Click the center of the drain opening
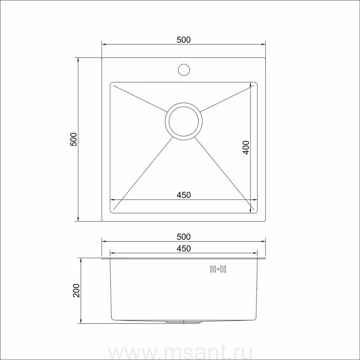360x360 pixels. (184, 121)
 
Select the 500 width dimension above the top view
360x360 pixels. (184, 40)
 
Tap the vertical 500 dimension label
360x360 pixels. (74, 139)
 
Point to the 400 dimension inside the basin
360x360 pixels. (246, 147)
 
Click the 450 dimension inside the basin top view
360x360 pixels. (184, 195)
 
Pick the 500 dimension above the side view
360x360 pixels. (184, 237)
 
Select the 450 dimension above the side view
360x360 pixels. (184, 249)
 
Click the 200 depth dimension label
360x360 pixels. (76, 291)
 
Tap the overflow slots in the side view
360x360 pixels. (218, 269)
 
